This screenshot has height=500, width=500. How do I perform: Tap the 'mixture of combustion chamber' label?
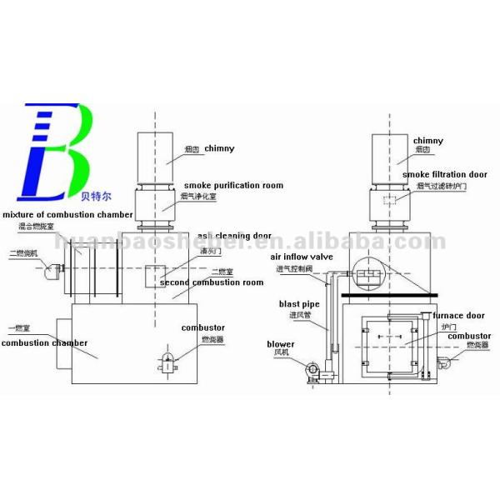(67, 215)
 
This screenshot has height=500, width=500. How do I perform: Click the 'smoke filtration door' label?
(443, 174)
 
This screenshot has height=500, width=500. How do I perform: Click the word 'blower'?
(281, 343)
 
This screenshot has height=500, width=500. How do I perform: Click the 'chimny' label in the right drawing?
(427, 142)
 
